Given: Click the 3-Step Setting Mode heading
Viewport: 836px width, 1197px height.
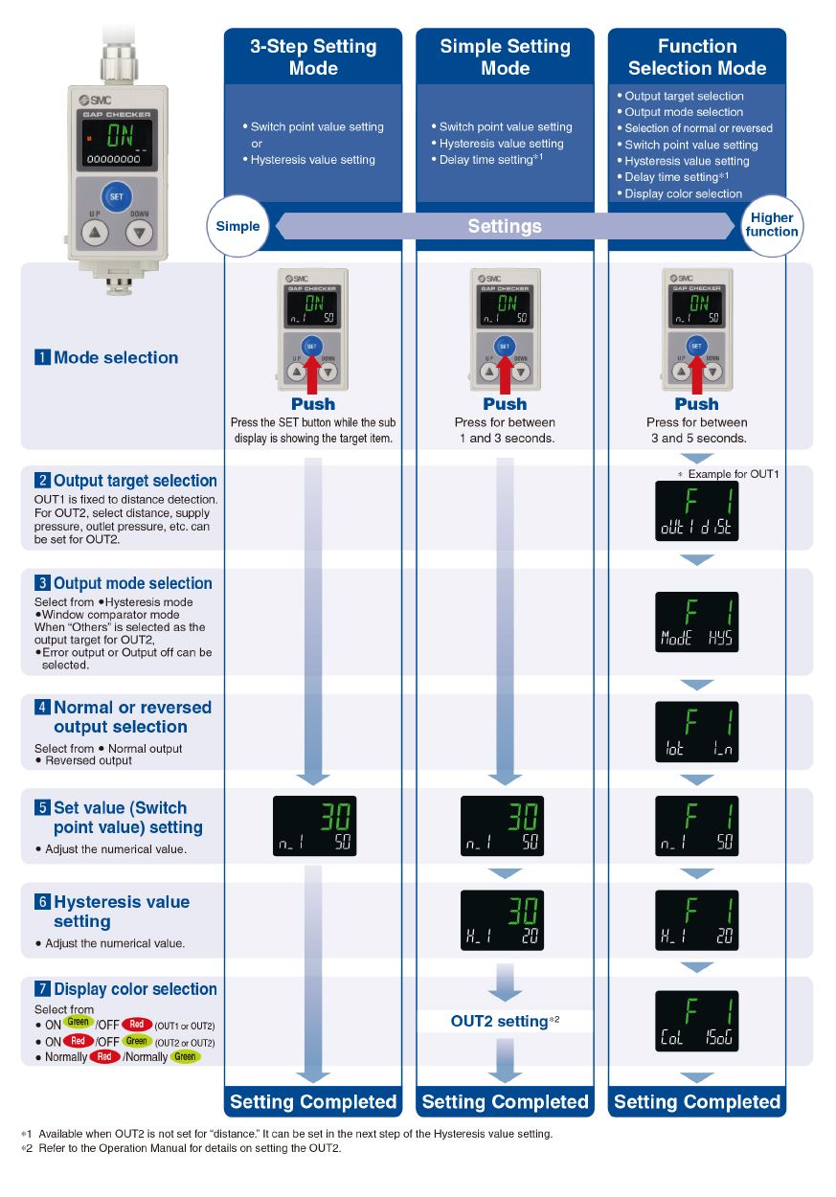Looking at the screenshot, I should (x=313, y=57).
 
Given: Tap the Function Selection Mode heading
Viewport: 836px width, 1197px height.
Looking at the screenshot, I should (x=696, y=57).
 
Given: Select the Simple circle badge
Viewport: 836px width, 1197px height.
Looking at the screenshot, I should (x=237, y=226).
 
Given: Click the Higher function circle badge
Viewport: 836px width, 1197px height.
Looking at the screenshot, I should (x=772, y=225).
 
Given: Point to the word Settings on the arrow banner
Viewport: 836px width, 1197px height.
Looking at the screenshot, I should (x=505, y=226).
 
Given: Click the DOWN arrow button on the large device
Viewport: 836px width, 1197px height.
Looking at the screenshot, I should (x=140, y=232).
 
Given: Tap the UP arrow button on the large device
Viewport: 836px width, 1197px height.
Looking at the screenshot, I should (x=94, y=232).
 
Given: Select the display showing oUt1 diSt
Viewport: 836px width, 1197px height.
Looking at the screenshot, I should (x=696, y=511).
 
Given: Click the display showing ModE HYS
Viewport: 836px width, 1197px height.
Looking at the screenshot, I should (x=696, y=622).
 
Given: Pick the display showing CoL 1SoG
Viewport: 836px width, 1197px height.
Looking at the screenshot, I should (x=696, y=1021).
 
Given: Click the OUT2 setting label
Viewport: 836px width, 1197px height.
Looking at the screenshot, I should (x=499, y=1022).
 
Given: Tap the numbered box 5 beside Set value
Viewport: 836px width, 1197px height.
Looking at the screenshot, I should (x=42, y=807).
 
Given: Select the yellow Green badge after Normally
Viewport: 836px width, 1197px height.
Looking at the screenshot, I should (x=185, y=1057).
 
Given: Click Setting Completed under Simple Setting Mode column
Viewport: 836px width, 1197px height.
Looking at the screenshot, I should (x=505, y=1101).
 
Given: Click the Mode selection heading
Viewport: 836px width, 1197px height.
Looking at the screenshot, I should (x=115, y=357).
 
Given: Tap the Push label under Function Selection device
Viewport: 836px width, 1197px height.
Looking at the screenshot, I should (x=696, y=403).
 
